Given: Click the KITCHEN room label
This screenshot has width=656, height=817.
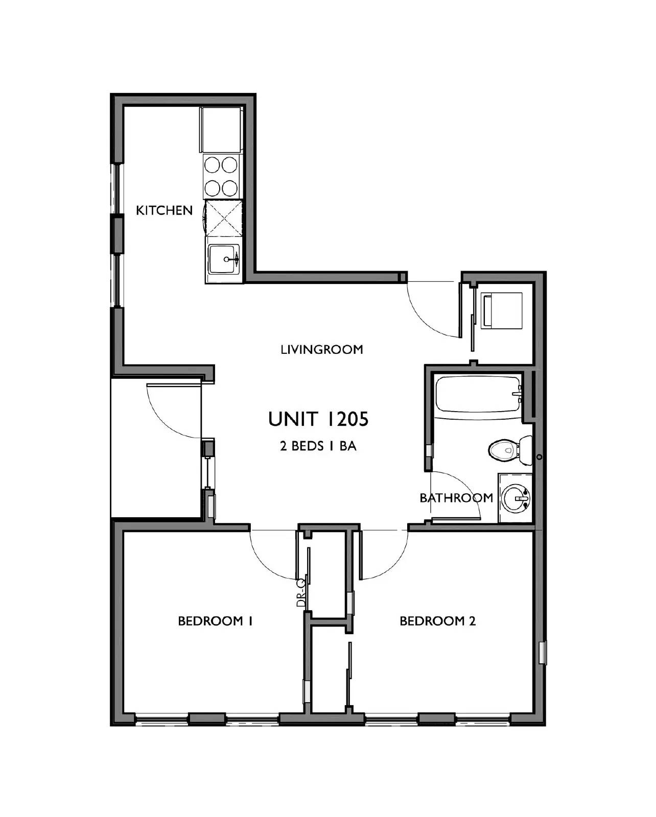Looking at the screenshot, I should click(164, 210).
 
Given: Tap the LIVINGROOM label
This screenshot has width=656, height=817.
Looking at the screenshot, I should click(322, 350).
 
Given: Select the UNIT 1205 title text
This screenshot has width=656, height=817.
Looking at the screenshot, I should click(318, 419).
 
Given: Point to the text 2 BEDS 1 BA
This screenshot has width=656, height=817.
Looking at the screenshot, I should click(318, 446).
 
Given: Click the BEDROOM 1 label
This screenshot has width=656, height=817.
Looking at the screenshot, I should click(216, 621).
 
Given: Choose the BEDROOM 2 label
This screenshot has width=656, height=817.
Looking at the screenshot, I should click(437, 621).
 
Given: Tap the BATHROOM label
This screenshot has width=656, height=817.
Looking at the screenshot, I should click(456, 497).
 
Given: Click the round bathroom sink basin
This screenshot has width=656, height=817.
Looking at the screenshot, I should click(516, 498).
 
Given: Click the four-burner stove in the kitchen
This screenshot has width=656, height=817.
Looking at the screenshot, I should click(222, 176).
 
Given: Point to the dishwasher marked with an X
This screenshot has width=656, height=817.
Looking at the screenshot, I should click(223, 218).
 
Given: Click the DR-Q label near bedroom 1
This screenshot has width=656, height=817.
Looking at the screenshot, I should click(301, 592).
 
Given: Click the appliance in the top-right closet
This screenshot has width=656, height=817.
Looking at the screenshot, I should click(503, 310).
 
